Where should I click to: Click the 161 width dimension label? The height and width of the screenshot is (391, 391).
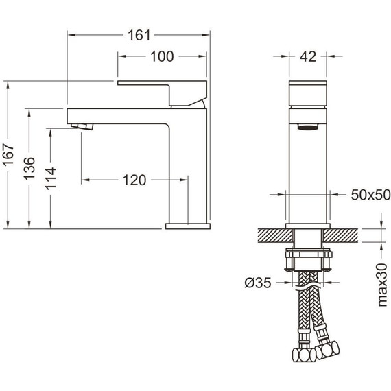pos(139,35)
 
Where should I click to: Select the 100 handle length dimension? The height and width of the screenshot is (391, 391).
pos(162,57)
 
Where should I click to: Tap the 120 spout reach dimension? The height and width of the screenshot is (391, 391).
pos(134,180)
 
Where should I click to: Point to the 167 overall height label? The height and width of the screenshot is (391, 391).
pos(8,154)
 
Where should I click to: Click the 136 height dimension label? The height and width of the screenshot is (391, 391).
pos(29,169)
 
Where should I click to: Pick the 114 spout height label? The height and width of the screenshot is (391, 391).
pos(51,179)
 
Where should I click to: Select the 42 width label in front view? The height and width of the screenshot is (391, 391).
pos(308,57)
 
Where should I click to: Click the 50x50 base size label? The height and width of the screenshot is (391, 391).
pos(371,195)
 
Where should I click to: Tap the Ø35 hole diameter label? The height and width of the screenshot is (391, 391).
pos(258,283)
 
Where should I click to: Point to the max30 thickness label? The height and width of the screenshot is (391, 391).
pos(382,285)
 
